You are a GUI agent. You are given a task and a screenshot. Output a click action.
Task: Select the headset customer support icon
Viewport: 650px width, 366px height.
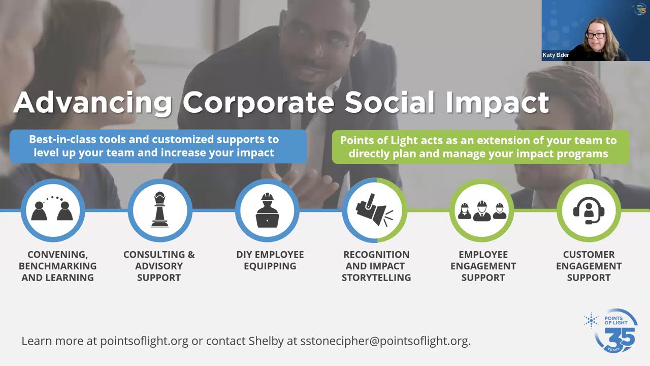tap(589, 210)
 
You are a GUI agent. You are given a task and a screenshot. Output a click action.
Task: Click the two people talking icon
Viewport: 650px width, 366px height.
tap(52, 208)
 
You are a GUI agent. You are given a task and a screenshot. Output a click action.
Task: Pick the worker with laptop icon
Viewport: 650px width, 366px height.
tap(267, 210)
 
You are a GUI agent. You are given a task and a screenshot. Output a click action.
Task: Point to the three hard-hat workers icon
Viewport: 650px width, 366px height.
tap(482, 211)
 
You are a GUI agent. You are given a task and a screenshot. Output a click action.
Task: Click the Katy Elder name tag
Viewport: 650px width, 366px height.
tap(556, 55)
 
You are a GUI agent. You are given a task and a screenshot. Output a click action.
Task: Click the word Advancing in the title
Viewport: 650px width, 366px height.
tap(92, 104)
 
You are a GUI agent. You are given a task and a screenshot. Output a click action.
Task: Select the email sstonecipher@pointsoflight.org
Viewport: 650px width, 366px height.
tap(385, 341)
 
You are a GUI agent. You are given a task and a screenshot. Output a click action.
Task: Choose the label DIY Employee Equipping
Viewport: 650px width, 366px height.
tap(270, 260)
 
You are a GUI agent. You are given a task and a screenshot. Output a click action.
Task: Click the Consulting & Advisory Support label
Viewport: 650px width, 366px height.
tap(159, 266)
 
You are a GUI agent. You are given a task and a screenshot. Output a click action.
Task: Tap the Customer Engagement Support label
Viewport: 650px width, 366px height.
tap(589, 266)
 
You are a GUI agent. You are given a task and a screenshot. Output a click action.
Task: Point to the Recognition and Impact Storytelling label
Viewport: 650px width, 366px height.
tap(376, 266)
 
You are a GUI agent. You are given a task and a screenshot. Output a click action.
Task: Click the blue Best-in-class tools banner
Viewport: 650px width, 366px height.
tap(158, 146)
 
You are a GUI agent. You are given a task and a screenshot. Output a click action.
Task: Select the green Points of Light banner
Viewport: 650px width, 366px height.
tap(481, 147)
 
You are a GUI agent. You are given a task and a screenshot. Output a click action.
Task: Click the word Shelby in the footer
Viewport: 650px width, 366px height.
tap(266, 341)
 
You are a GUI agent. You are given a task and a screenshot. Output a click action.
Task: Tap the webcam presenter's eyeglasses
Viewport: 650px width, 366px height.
tap(596, 36)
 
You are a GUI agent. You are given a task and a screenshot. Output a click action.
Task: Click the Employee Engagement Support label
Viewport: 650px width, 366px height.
tap(483, 266)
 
